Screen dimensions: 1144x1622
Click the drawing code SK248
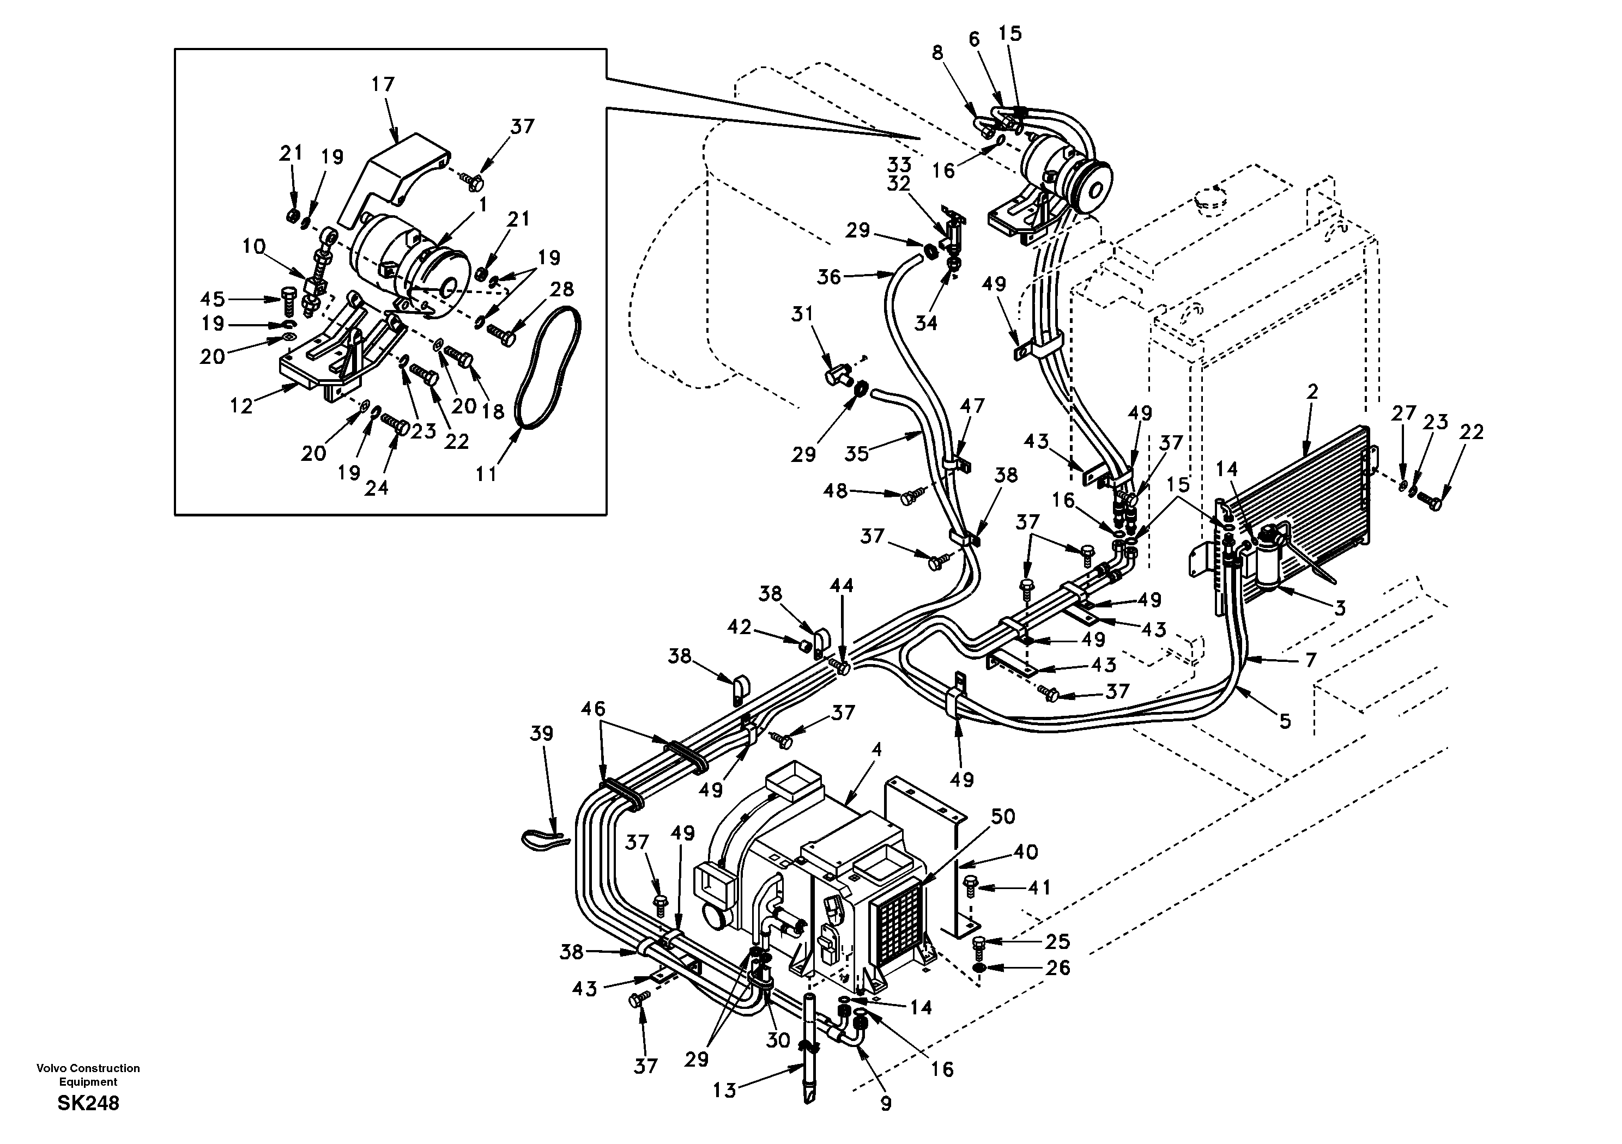[x=88, y=1103]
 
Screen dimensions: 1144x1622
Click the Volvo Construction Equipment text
[x=88, y=1075]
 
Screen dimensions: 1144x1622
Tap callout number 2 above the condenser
[x=1312, y=392]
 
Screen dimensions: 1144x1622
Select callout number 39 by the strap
[x=541, y=734]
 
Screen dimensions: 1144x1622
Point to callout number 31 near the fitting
[x=802, y=314]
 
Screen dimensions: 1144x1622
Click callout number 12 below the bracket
[x=241, y=406]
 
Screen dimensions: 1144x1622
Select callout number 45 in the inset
[x=212, y=300]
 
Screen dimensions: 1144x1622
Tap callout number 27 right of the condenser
[x=1403, y=413]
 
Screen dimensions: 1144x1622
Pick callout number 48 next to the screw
[x=836, y=490]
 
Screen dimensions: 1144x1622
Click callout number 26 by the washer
[x=1057, y=967]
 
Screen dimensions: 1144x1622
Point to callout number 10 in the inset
[x=253, y=246]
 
